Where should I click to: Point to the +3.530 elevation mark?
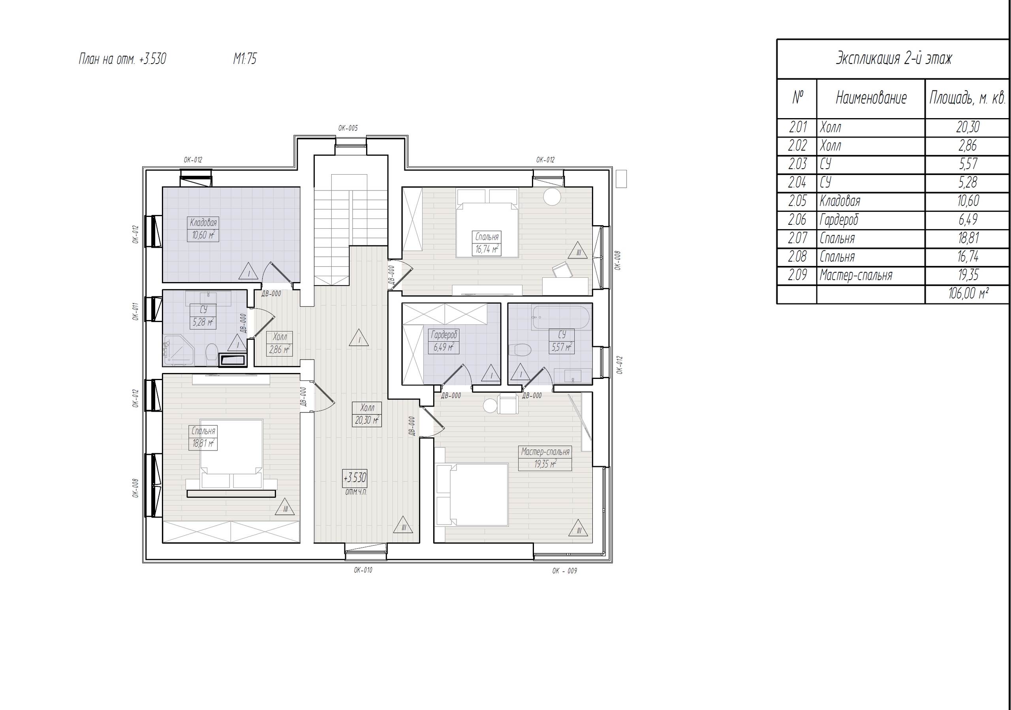coord(355,477)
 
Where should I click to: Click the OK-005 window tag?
coord(348,128)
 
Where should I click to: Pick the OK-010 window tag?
coord(363,570)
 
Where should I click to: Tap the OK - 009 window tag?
coord(564,571)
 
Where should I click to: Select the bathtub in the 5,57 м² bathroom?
coord(560,318)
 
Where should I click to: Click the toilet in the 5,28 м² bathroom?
coord(211,353)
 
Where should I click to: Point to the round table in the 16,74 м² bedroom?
coord(552,196)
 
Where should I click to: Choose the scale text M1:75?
coord(245,59)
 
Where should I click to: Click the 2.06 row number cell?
coord(797,220)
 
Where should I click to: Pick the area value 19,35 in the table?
coord(968,275)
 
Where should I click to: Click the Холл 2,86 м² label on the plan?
coord(279,344)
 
